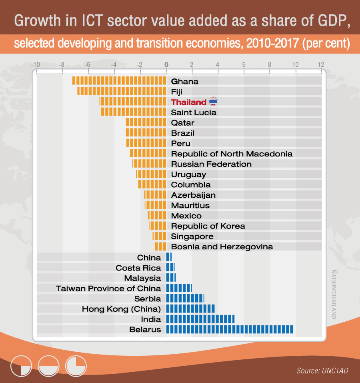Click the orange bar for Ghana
tap(119, 81)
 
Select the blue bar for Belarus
tap(230, 329)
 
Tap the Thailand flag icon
tap(213, 102)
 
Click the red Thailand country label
tap(188, 102)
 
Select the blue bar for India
tap(200, 319)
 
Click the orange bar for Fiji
tap(122, 91)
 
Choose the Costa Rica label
tap(138, 268)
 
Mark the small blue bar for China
tap(168, 257)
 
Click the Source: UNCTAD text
tap(322, 371)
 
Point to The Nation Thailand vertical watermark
tap(334, 294)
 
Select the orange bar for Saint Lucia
tap(133, 112)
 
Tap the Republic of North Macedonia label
tap(232, 154)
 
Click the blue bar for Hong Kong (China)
tap(190, 309)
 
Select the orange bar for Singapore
tap(159, 236)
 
